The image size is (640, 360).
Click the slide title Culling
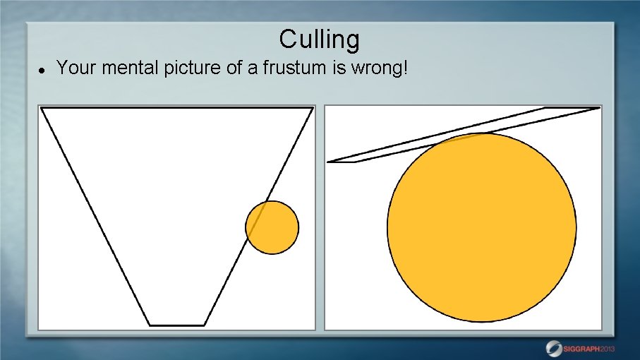point(319,39)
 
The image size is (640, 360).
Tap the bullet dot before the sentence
point(42,71)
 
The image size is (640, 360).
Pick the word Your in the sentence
point(72,68)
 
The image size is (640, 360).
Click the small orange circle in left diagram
point(272,227)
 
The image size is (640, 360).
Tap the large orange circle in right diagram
point(482,227)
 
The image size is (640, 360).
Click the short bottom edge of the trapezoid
point(177,325)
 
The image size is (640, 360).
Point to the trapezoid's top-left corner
point(42,108)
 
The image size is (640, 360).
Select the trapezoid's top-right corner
point(312,108)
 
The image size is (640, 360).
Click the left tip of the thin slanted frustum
point(329,162)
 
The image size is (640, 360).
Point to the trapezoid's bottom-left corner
point(150,325)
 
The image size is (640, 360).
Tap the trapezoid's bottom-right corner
point(204,325)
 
